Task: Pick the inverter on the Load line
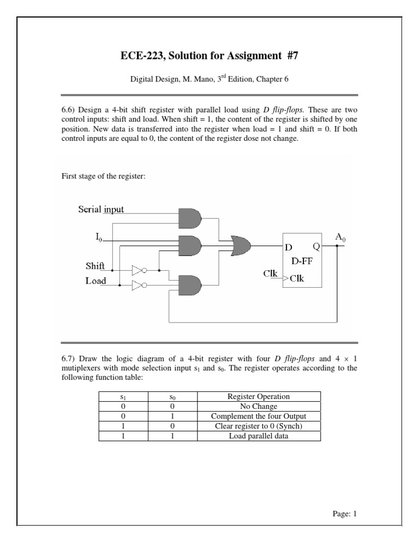[x=139, y=284]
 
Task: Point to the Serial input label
[x=101, y=209]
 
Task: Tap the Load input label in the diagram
[x=95, y=281]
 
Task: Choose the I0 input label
[x=99, y=237]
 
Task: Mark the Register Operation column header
[x=259, y=397]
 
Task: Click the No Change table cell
[x=259, y=407]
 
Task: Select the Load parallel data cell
[x=259, y=436]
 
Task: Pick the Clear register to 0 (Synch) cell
[x=259, y=426]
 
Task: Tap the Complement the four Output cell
[x=259, y=417]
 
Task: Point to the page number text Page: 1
[x=344, y=514]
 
